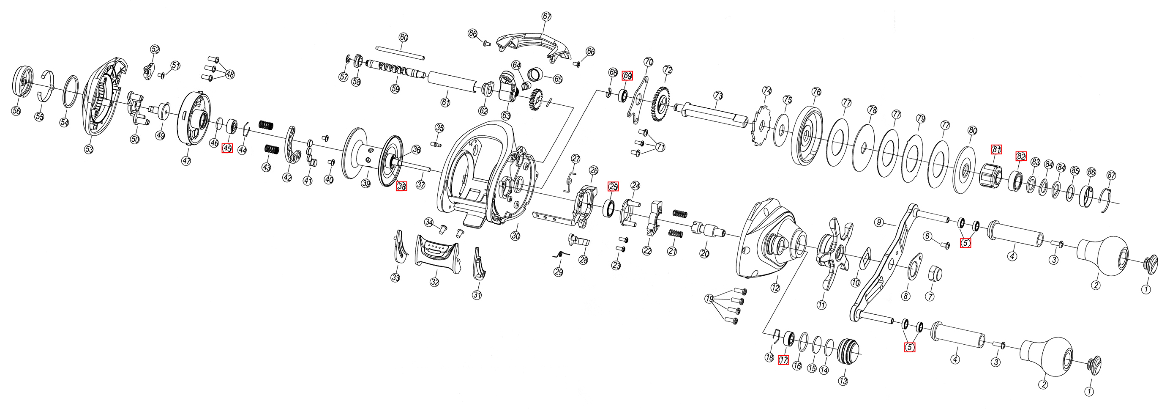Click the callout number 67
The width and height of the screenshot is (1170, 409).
point(546,16)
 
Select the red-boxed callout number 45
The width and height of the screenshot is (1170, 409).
point(227,148)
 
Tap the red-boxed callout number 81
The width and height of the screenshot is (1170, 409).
point(996,149)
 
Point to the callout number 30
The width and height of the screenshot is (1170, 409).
point(515,236)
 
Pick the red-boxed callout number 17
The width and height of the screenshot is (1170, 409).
point(783,360)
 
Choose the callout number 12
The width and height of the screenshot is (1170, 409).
point(775,288)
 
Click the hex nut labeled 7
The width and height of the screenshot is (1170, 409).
point(936,273)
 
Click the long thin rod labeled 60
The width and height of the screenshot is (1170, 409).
point(400,53)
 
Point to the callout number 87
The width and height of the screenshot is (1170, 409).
point(1111,175)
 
